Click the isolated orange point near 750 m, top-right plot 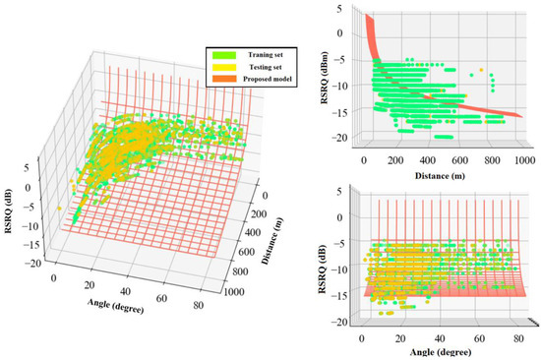[x=481, y=71]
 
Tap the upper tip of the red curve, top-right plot [x=367, y=17]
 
